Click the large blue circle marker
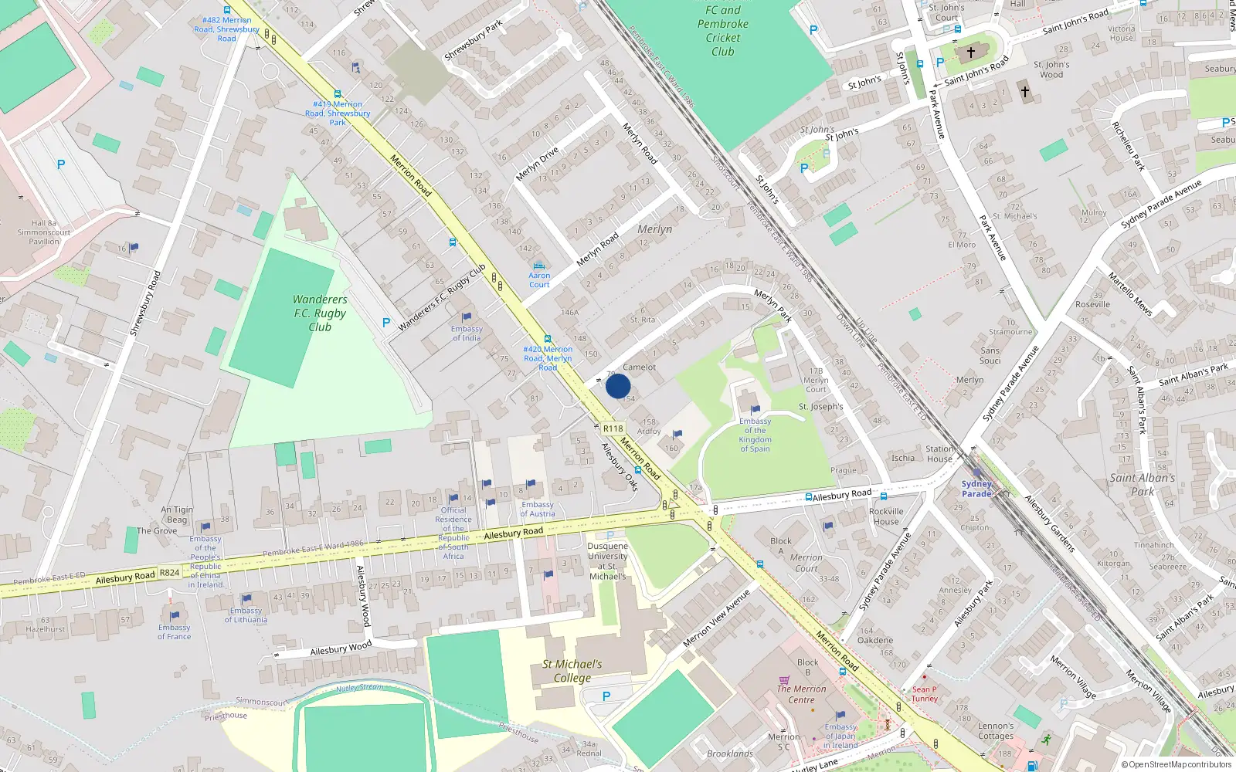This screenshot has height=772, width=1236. pyautogui.click(x=618, y=386)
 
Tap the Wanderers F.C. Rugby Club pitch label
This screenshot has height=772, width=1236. pyautogui.click(x=320, y=313)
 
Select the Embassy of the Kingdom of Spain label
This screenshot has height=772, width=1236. pyautogui.click(x=755, y=435)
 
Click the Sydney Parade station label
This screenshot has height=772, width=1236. pyautogui.click(x=976, y=489)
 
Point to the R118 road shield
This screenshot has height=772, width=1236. pyautogui.click(x=613, y=428)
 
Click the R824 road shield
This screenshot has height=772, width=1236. pyautogui.click(x=169, y=573)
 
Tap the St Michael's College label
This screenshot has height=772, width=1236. pyautogui.click(x=572, y=671)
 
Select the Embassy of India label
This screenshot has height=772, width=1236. pyautogui.click(x=467, y=334)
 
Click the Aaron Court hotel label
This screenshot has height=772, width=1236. pyautogui.click(x=539, y=279)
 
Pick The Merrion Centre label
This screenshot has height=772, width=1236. pyautogui.click(x=801, y=694)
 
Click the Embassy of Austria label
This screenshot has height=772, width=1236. pyautogui.click(x=537, y=510)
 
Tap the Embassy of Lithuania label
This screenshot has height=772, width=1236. pyautogui.click(x=246, y=615)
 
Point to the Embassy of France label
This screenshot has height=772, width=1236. pyautogui.click(x=174, y=632)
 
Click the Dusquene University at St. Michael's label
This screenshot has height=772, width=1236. pyautogui.click(x=608, y=561)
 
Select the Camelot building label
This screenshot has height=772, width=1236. pyautogui.click(x=640, y=367)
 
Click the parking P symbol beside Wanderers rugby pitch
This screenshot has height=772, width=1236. pyautogui.click(x=386, y=323)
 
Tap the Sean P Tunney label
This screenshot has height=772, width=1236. pyautogui.click(x=924, y=694)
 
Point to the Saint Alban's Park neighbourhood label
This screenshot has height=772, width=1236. pyautogui.click(x=1143, y=484)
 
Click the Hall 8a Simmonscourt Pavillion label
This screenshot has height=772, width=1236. pyautogui.click(x=44, y=232)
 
